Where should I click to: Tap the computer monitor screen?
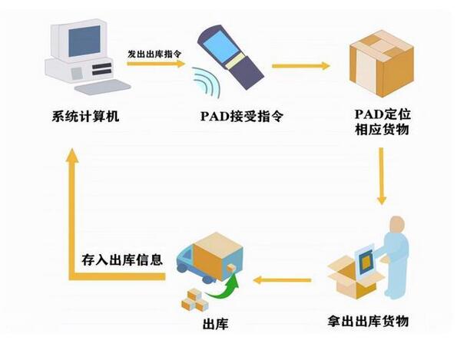pos(84,41)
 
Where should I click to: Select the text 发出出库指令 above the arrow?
pos(154,54)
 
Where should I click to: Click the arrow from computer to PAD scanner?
pos(155,64)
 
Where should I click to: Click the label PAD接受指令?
pos(234,117)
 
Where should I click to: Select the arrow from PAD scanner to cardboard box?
pos(300,66)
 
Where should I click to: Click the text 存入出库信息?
pos(122,259)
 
